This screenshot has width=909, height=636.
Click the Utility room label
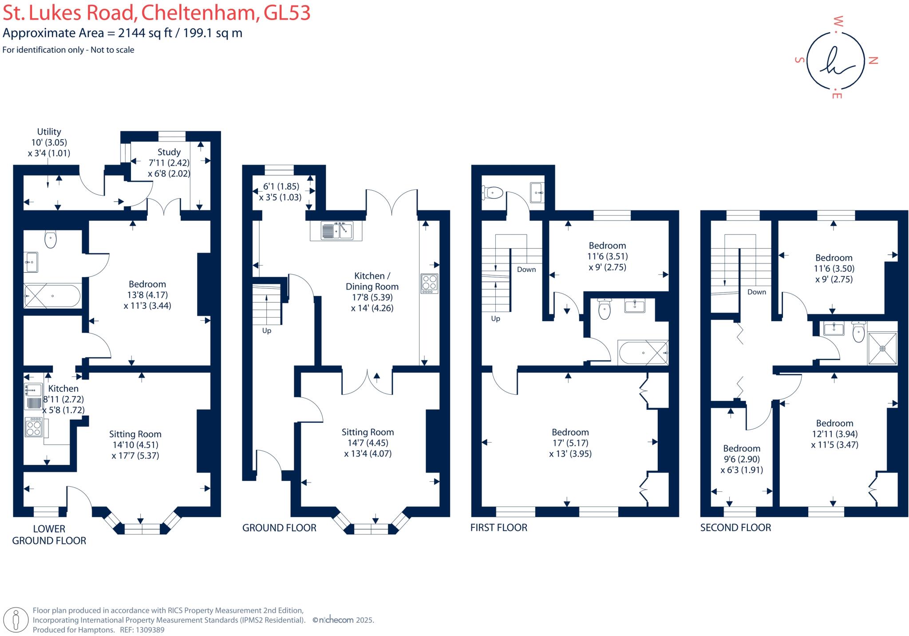pyautogui.click(x=49, y=132)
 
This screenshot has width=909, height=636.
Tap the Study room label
pyautogui.click(x=169, y=152)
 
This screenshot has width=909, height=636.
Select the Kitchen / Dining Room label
pyautogui.click(x=372, y=281)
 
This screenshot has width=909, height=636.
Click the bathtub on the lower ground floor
pyautogui.click(x=52, y=296)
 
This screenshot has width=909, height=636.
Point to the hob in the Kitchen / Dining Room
pyautogui.click(x=429, y=284)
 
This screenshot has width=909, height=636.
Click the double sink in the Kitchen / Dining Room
pyautogui.click(x=336, y=231)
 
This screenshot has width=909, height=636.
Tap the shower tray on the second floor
pyautogui.click(x=882, y=349)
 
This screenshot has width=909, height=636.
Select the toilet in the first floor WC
pyautogui.click(x=492, y=193)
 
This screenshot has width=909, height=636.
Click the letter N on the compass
pyautogui.click(x=873, y=61)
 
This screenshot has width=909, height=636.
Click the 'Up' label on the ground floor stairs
pyautogui.click(x=266, y=331)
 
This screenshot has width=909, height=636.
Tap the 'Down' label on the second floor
pyautogui.click(x=756, y=292)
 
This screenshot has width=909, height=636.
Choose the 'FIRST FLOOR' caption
pyautogui.click(x=499, y=528)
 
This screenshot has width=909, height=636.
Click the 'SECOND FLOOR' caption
pyautogui.click(x=735, y=528)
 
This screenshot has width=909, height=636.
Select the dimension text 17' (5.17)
pyautogui.click(x=570, y=443)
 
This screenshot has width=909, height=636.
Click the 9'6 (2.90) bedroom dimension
pyautogui.click(x=742, y=459)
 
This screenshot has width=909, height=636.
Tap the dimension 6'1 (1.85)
pyautogui.click(x=281, y=186)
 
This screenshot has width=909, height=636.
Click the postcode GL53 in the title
pyautogui.click(x=287, y=13)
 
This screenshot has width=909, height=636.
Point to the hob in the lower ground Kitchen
pyautogui.click(x=34, y=427)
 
